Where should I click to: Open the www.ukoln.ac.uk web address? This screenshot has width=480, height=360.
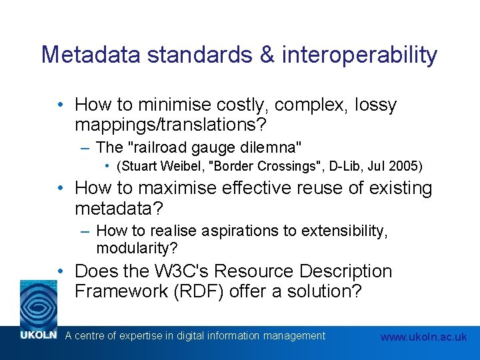(x=423, y=337)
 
